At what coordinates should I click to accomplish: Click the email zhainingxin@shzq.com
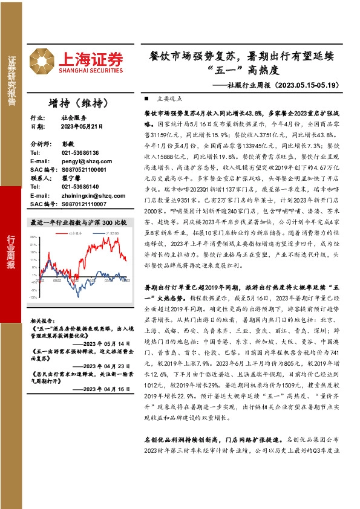pyautogui.click(x=88, y=195)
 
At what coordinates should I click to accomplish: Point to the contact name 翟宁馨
pyautogui.click(x=70, y=178)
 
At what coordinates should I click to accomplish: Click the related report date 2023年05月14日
pyautogui.click(x=105, y=342)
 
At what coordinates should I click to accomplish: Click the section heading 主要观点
pyautogui.click(x=168, y=98)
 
